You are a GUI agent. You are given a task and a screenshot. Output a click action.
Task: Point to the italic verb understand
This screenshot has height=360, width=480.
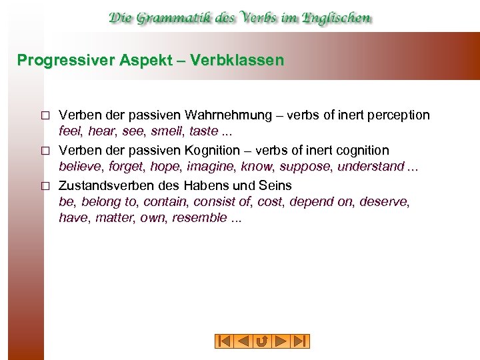(x=371, y=166)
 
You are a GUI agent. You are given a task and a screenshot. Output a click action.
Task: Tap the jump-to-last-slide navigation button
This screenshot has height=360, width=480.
(x=301, y=341)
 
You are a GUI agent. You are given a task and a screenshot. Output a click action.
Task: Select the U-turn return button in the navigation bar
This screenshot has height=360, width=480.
(x=262, y=341)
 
